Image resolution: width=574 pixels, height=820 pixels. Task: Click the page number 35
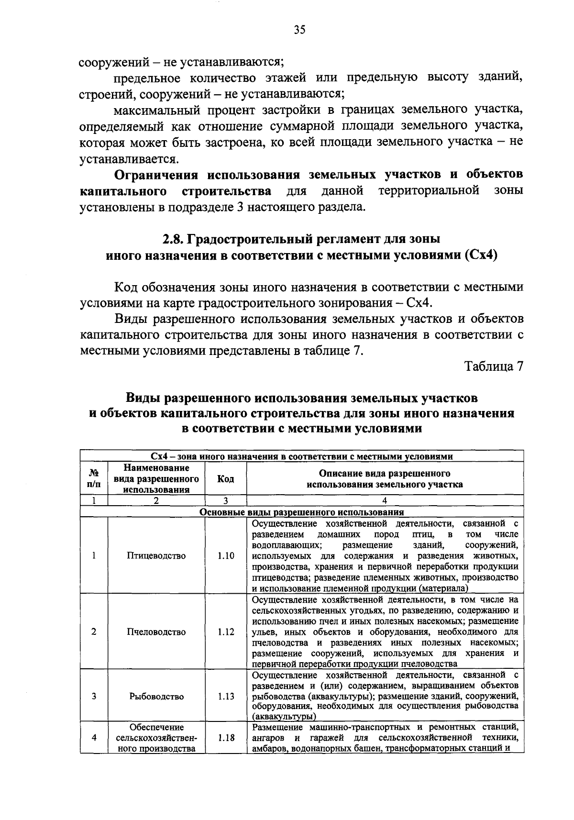pyautogui.click(x=299, y=30)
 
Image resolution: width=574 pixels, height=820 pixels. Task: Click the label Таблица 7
pyautogui.click(x=494, y=366)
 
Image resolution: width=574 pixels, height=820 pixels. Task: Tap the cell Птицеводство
pyautogui.click(x=156, y=555)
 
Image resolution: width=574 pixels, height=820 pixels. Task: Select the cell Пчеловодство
pyautogui.click(x=156, y=632)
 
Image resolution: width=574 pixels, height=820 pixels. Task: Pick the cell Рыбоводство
pyautogui.click(x=156, y=697)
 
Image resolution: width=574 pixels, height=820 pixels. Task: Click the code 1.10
pyautogui.click(x=225, y=555)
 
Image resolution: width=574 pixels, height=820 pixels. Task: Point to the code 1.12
pyautogui.click(x=225, y=632)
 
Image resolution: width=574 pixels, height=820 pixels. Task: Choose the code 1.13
pyautogui.click(x=225, y=697)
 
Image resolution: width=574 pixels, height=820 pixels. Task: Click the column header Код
pyautogui.click(x=225, y=479)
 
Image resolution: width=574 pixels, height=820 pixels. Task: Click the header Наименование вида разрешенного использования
pyautogui.click(x=156, y=478)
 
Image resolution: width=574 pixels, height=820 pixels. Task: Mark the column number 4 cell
pyautogui.click(x=385, y=501)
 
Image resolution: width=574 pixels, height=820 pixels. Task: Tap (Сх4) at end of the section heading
pyautogui.click(x=481, y=255)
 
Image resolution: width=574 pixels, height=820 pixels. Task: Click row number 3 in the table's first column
pyautogui.click(x=94, y=697)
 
